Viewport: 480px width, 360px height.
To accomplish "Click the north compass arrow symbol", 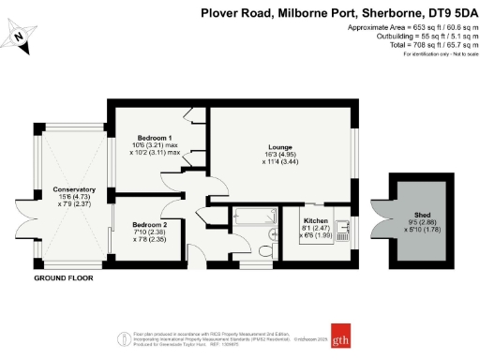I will pyautogui.click(x=22, y=37).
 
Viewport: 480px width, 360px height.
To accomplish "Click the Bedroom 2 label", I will pyautogui.click(x=150, y=225).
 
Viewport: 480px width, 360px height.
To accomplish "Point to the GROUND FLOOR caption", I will pyautogui.click(x=64, y=279).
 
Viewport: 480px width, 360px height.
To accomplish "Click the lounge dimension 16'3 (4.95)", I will pyautogui.click(x=279, y=155).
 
